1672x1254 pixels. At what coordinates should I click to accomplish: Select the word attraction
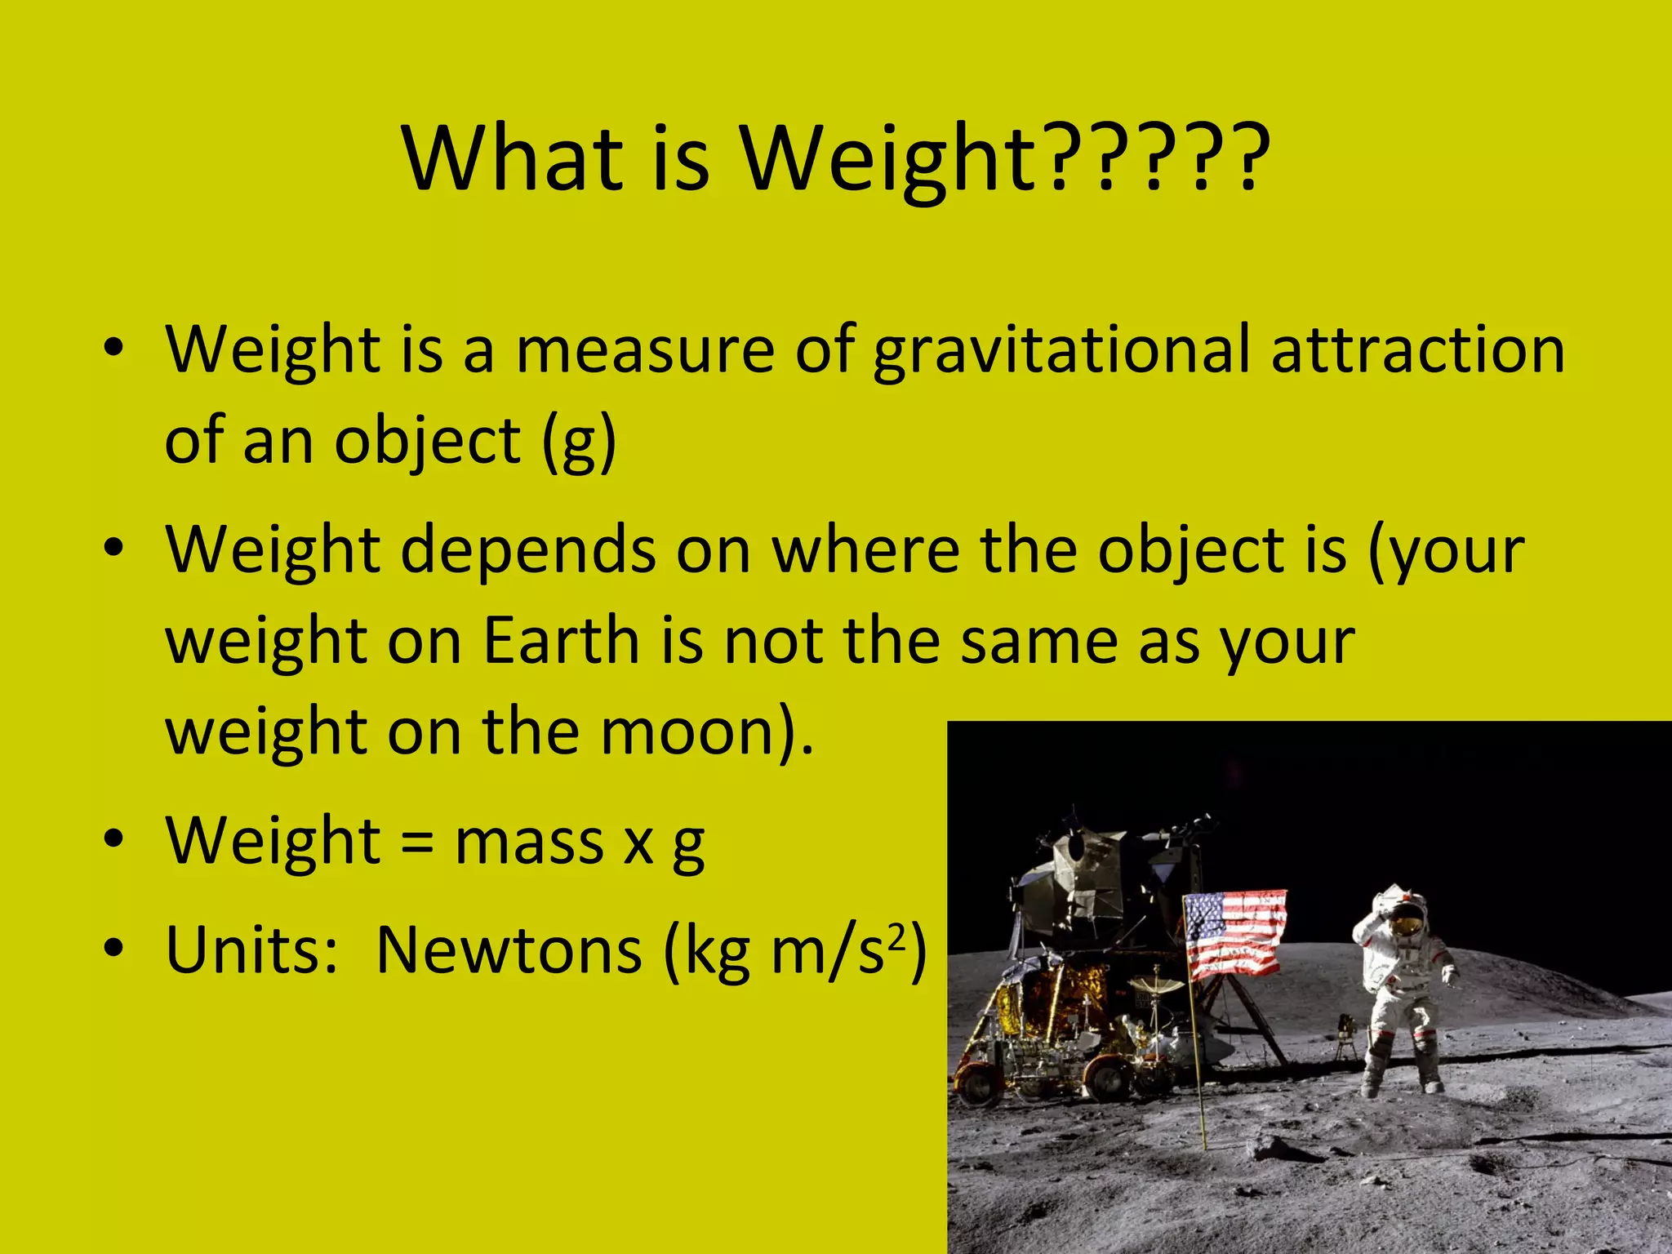tap(1418, 351)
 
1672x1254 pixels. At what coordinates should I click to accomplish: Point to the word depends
tap(528, 550)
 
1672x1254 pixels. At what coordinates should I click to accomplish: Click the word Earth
tap(562, 642)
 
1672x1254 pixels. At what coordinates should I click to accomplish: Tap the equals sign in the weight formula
tap(417, 842)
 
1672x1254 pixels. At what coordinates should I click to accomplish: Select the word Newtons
tap(509, 951)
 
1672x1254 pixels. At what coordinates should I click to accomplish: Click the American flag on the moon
tap(1234, 933)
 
